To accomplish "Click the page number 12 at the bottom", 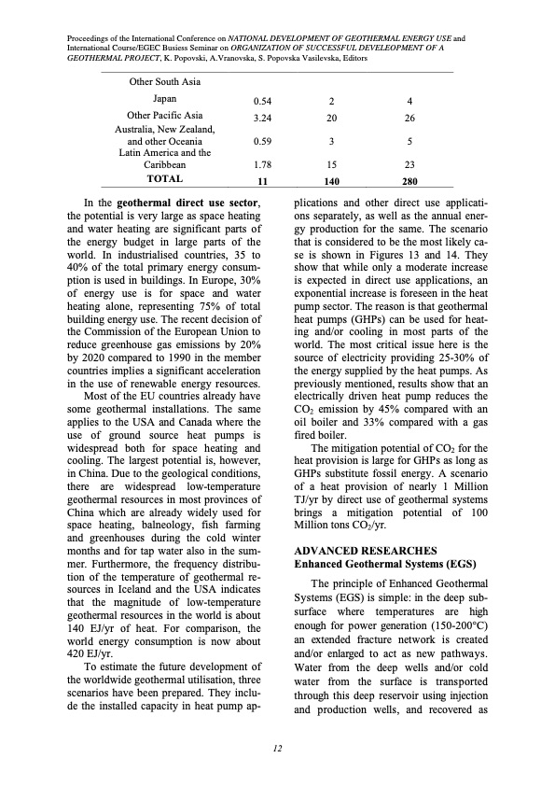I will pyautogui.click(x=278, y=749).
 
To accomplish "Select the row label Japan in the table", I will pyautogui.click(x=164, y=98).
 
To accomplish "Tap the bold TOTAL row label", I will pyautogui.click(x=164, y=178).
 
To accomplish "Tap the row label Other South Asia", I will pyautogui.click(x=164, y=80).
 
